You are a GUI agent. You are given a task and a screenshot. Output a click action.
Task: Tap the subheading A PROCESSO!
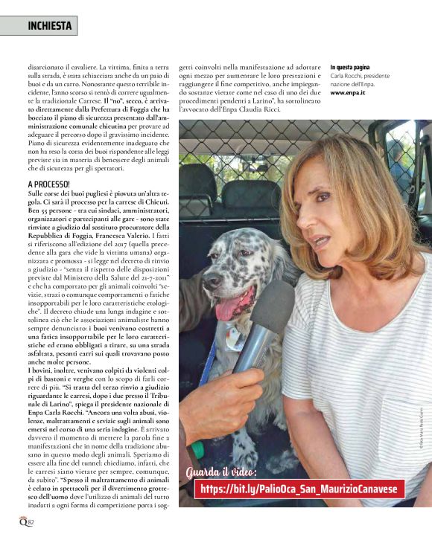49,183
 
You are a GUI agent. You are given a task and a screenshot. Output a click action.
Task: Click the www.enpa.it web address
348,94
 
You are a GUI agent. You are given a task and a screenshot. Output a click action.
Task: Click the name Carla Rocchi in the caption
346,77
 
